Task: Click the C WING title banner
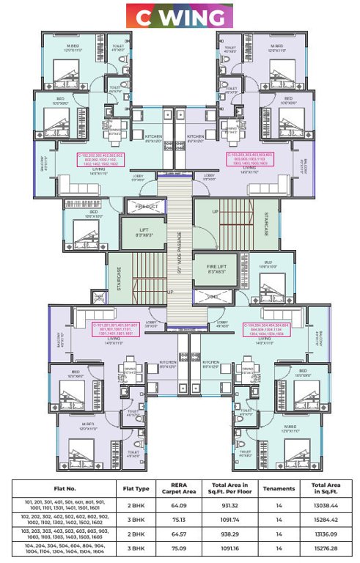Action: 180,15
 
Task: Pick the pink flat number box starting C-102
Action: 100,160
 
